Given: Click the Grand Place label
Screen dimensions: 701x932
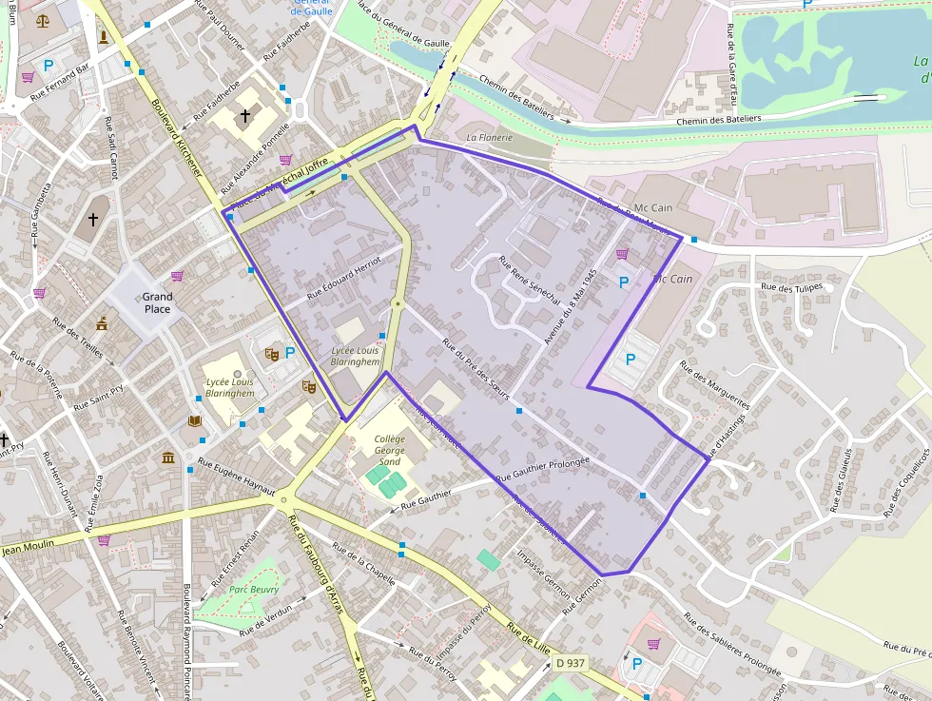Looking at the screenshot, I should click(157, 302).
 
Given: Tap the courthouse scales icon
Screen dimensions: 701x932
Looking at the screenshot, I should click(43, 19).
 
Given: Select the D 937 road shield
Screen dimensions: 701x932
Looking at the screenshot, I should click(571, 663).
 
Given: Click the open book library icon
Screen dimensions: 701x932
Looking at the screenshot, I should click(195, 420).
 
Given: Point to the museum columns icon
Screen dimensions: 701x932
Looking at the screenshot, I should click(168, 458).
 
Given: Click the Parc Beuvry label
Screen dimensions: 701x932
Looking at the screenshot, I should click(254, 590).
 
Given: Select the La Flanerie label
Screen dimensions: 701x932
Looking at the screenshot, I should click(489, 137).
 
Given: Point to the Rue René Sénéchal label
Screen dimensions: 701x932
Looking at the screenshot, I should click(529, 282).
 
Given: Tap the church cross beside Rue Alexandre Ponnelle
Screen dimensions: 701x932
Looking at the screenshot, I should click(245, 116).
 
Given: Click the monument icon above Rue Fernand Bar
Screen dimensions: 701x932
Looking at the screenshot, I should click(103, 37).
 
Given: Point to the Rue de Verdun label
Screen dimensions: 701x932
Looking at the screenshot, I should click(264, 624).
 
